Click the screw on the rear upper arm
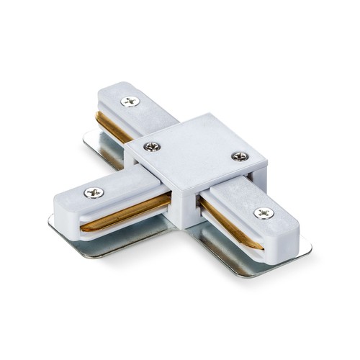click(130, 102)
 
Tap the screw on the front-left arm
click(94, 192)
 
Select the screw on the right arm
click(263, 213)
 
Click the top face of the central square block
click(194, 148)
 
